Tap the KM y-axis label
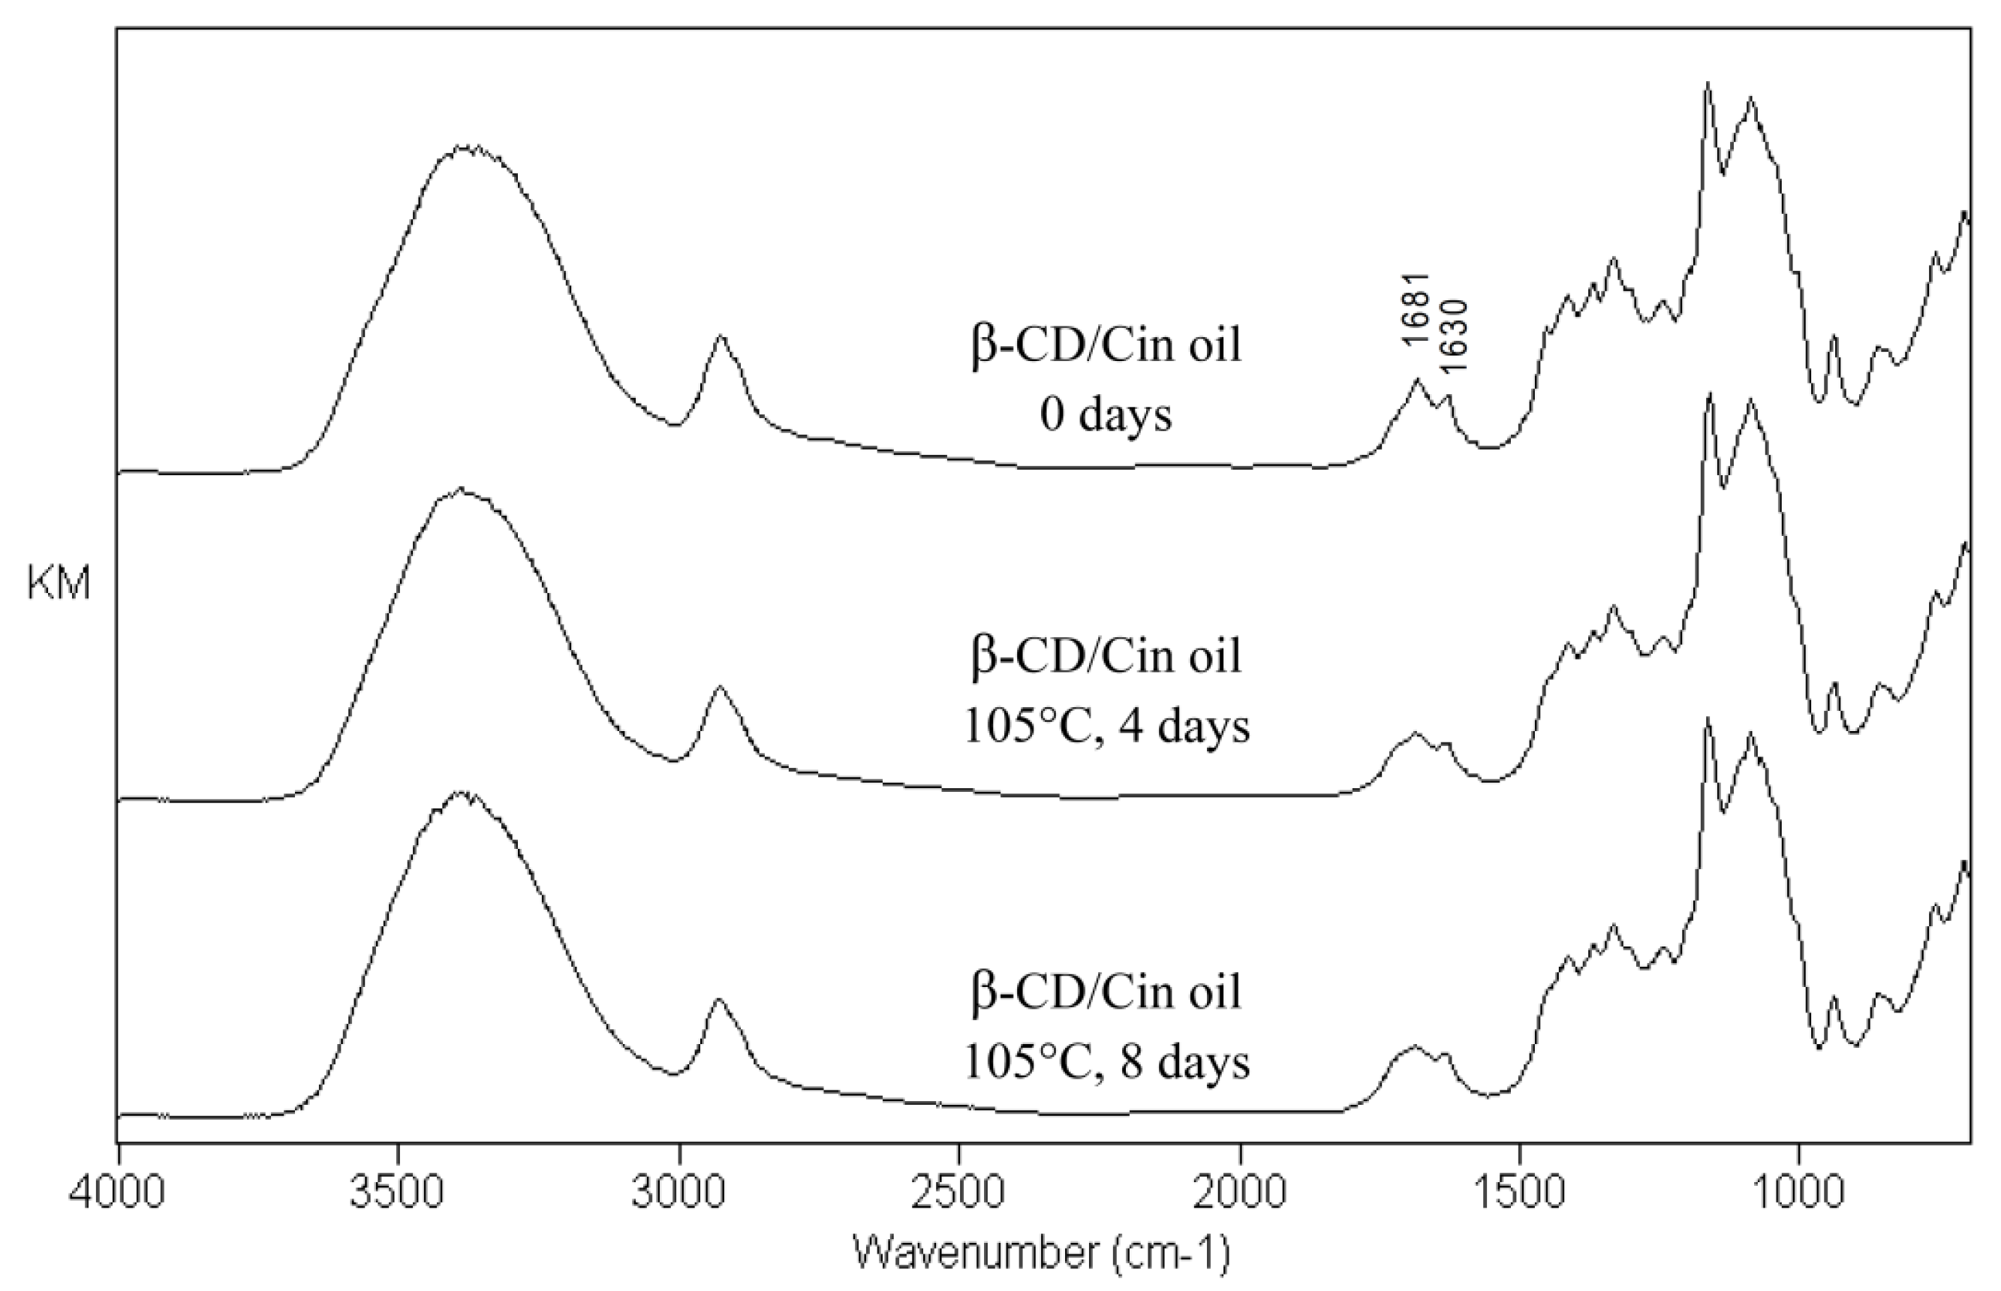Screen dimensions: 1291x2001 [58, 584]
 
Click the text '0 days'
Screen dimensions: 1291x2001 [1106, 415]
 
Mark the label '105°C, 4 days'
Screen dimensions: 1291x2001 [1106, 726]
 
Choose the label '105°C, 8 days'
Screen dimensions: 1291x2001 [1106, 1062]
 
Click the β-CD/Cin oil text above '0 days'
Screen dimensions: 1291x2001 [1106, 345]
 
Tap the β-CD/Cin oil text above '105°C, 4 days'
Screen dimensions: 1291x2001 [1106, 655]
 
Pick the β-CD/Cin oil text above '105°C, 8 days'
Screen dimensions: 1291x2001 [1106, 992]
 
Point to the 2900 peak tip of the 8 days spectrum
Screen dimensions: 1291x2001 [718, 999]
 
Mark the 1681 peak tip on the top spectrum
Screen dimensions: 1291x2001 [1418, 380]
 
